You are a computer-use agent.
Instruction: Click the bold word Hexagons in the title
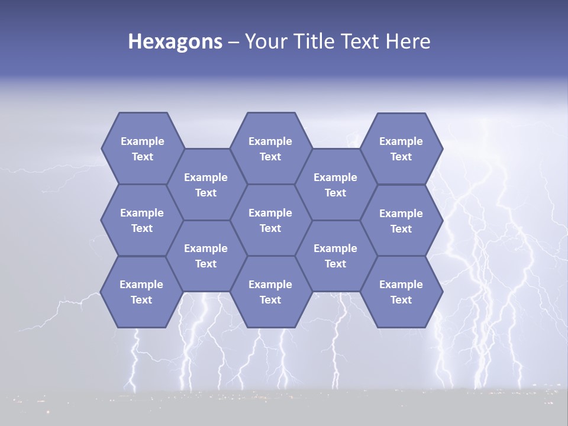point(175,41)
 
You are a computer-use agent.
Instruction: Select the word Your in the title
point(264,41)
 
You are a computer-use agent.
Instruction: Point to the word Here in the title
point(408,41)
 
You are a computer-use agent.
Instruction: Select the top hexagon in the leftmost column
point(142,149)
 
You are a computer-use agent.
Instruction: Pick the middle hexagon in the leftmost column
point(142,220)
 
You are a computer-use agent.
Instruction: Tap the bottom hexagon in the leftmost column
point(141,292)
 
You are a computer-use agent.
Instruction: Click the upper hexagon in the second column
point(206,185)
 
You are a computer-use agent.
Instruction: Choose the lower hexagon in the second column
point(206,256)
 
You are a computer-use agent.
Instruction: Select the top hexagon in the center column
point(270,149)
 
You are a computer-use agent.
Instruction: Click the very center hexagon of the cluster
point(270,220)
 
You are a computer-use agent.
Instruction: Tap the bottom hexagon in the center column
point(270,292)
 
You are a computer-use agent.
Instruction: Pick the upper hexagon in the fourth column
point(335,185)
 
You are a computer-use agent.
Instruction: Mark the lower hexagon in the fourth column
point(335,256)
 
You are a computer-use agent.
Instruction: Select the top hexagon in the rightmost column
point(401,149)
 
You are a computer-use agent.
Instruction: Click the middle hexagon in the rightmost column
point(401,221)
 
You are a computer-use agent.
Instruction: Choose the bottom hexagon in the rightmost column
point(401,292)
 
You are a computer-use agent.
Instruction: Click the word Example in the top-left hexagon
point(143,141)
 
